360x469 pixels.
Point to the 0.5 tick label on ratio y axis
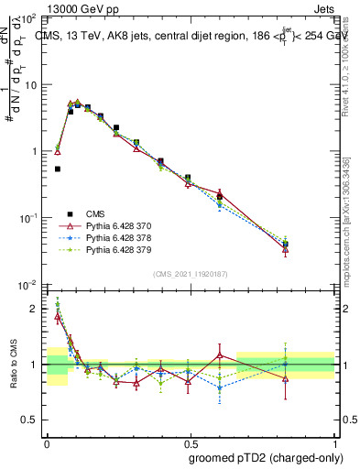[x=31, y=420]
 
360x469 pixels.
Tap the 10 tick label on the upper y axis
[x=29, y=85]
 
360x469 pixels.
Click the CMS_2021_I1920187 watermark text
[x=190, y=274]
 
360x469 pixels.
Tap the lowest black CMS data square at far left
[x=58, y=169]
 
